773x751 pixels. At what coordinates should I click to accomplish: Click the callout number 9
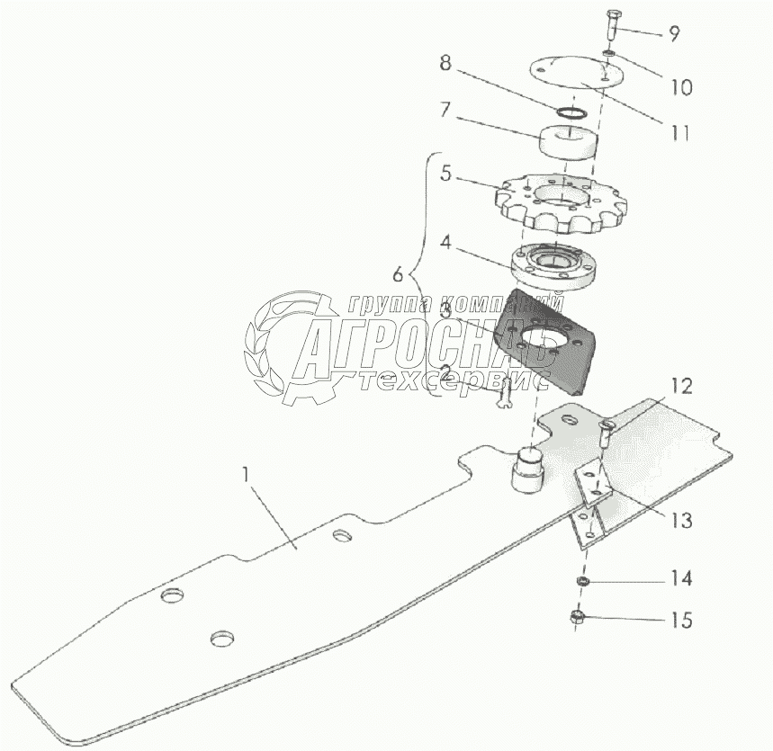pyautogui.click(x=673, y=34)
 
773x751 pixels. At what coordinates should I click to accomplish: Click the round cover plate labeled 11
pyautogui.click(x=571, y=76)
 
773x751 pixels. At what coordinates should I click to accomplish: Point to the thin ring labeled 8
pyautogui.click(x=570, y=113)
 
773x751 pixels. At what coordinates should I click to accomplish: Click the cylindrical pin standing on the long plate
pyautogui.click(x=527, y=470)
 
